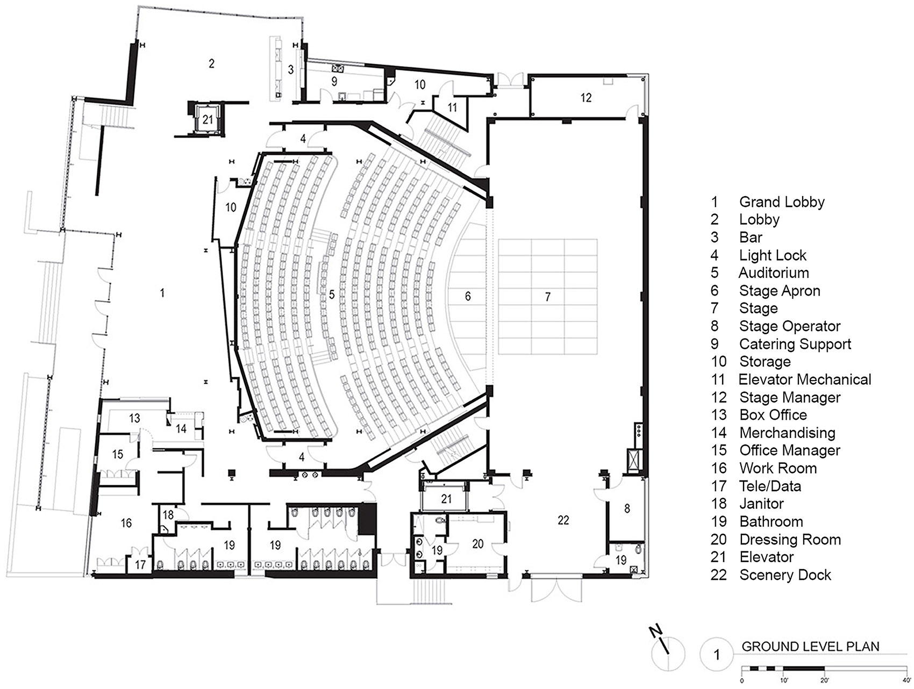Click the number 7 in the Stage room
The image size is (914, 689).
(x=547, y=297)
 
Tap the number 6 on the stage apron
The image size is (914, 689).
(x=468, y=296)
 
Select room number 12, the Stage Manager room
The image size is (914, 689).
(x=585, y=97)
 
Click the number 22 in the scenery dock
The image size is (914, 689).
(x=563, y=520)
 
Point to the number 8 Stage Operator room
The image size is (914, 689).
(x=627, y=508)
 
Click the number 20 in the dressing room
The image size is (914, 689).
(x=478, y=544)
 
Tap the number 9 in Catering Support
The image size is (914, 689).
(x=334, y=82)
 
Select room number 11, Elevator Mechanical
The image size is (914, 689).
(x=452, y=107)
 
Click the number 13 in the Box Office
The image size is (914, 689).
(x=134, y=418)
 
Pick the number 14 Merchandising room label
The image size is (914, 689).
(x=181, y=428)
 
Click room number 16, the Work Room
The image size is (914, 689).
(x=126, y=523)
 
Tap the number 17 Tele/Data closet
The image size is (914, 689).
(x=140, y=565)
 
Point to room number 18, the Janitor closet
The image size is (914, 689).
(x=168, y=515)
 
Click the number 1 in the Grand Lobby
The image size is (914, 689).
(x=162, y=293)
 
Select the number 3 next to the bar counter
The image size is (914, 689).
(x=291, y=70)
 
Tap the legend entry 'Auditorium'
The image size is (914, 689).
(x=774, y=272)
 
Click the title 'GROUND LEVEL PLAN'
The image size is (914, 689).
(x=810, y=646)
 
